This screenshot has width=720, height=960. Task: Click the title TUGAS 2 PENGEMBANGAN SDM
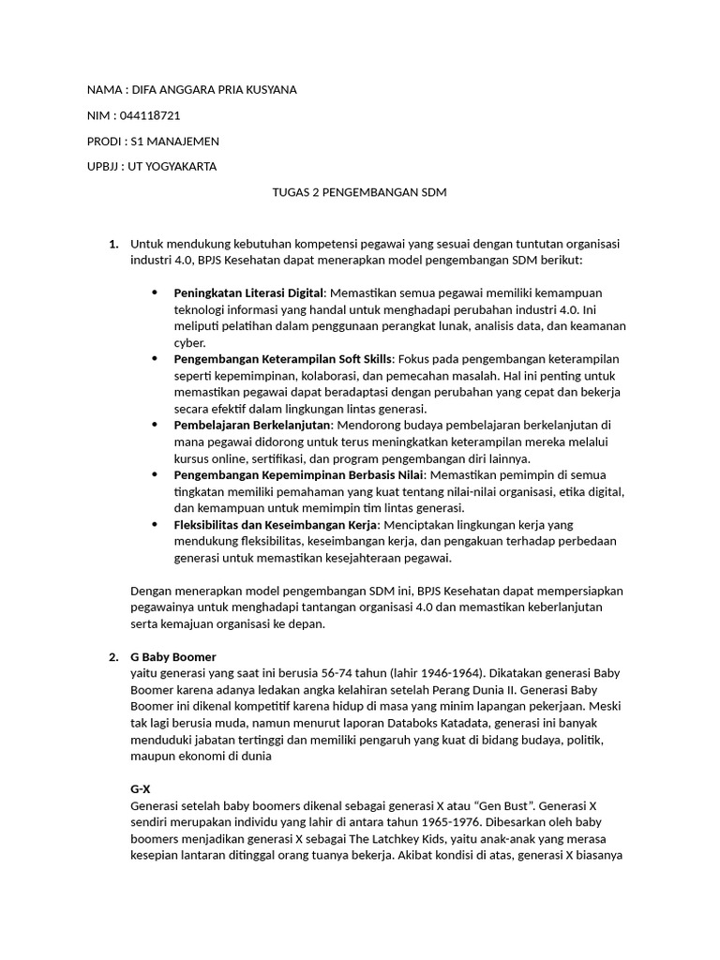tap(359, 192)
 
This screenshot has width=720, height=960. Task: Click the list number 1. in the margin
tap(112, 244)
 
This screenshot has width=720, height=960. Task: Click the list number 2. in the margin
tap(112, 656)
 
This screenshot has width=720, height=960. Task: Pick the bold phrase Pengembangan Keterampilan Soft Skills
tap(283, 359)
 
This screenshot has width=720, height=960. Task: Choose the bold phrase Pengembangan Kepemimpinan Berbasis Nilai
tap(298, 475)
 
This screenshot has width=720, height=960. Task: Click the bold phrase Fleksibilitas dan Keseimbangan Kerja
tap(277, 525)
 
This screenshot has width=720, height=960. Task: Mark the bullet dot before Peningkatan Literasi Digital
tap(155, 293)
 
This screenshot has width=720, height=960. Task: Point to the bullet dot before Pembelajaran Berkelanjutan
tap(155, 425)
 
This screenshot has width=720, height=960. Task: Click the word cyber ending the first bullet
tap(190, 343)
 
